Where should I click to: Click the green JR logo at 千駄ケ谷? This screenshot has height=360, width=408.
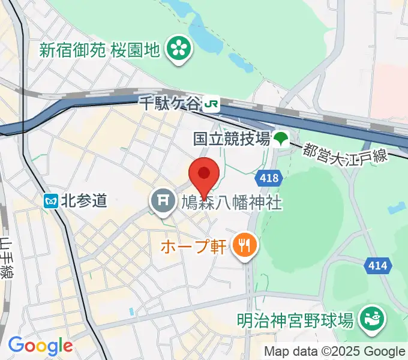click(x=211, y=104)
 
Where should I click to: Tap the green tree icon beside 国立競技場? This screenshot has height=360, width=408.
click(x=280, y=140)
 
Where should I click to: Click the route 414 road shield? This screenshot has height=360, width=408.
click(x=379, y=264)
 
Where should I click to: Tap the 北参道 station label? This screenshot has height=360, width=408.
click(x=84, y=200)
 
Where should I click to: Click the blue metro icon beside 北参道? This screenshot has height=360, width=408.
click(x=50, y=200)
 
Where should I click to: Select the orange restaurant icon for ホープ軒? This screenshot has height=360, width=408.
click(x=244, y=245)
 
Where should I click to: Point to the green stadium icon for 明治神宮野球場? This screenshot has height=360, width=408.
click(x=370, y=319)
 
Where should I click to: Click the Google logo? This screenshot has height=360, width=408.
click(x=40, y=346)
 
